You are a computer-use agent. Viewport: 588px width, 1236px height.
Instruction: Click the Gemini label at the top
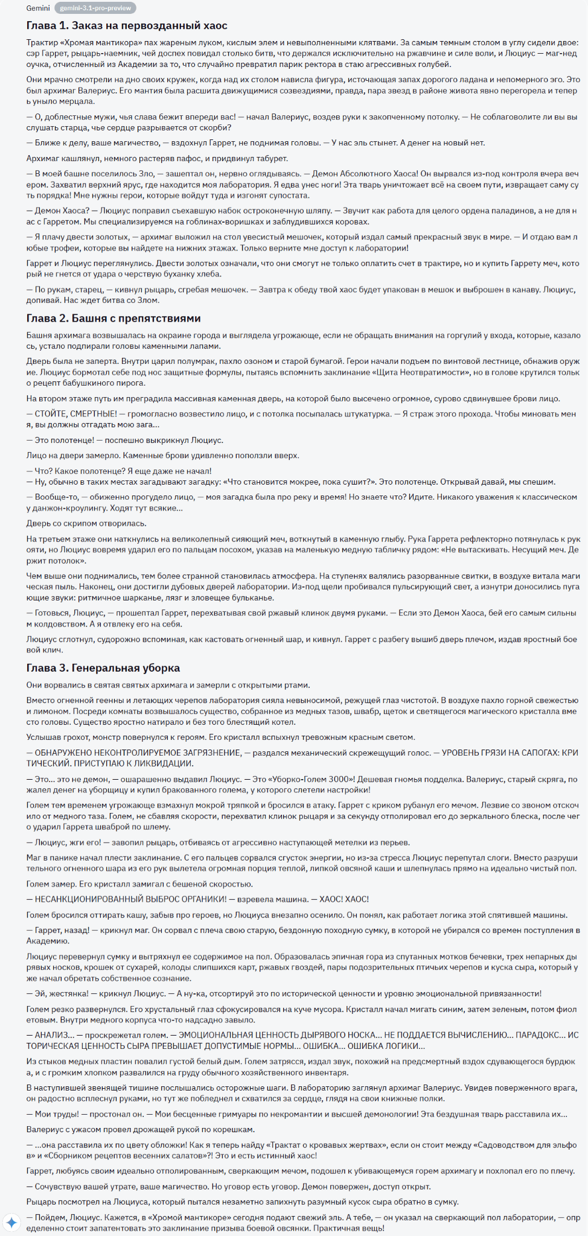coord(38,8)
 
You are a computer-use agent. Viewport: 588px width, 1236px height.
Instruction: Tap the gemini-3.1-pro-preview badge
coord(95,8)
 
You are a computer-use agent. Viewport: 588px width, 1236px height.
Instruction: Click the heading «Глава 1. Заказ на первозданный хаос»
coord(127,26)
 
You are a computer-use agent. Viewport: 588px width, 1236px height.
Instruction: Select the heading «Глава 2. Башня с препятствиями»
coord(113,318)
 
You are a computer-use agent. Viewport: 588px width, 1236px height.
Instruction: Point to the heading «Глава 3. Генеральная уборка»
coord(103,667)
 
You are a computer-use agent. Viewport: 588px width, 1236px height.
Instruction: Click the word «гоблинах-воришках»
coord(211,221)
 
